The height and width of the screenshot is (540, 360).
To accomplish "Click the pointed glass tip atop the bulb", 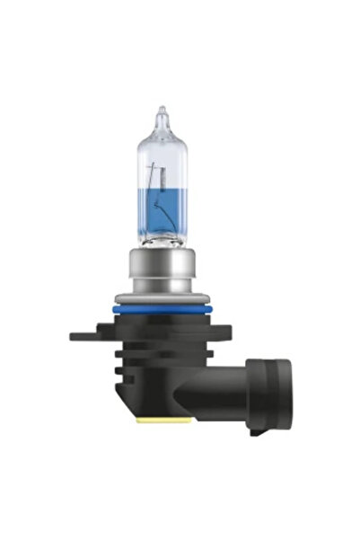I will tap(162, 115).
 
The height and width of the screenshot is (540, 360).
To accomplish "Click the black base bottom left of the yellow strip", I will tap(130, 409).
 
